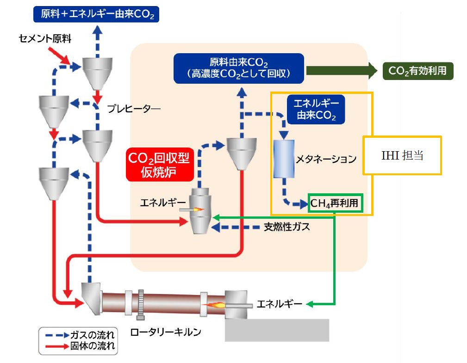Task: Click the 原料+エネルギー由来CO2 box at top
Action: pos(96,14)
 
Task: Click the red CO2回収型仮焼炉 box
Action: pos(158,165)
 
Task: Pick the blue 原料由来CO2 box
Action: pos(238,68)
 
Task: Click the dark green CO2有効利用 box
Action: pos(417,71)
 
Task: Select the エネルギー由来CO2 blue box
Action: pos(316,109)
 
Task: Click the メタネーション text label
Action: pos(326,159)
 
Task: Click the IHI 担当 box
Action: pos(402,155)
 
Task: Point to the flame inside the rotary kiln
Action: pos(216,305)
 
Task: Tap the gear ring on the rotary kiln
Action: pos(142,304)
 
